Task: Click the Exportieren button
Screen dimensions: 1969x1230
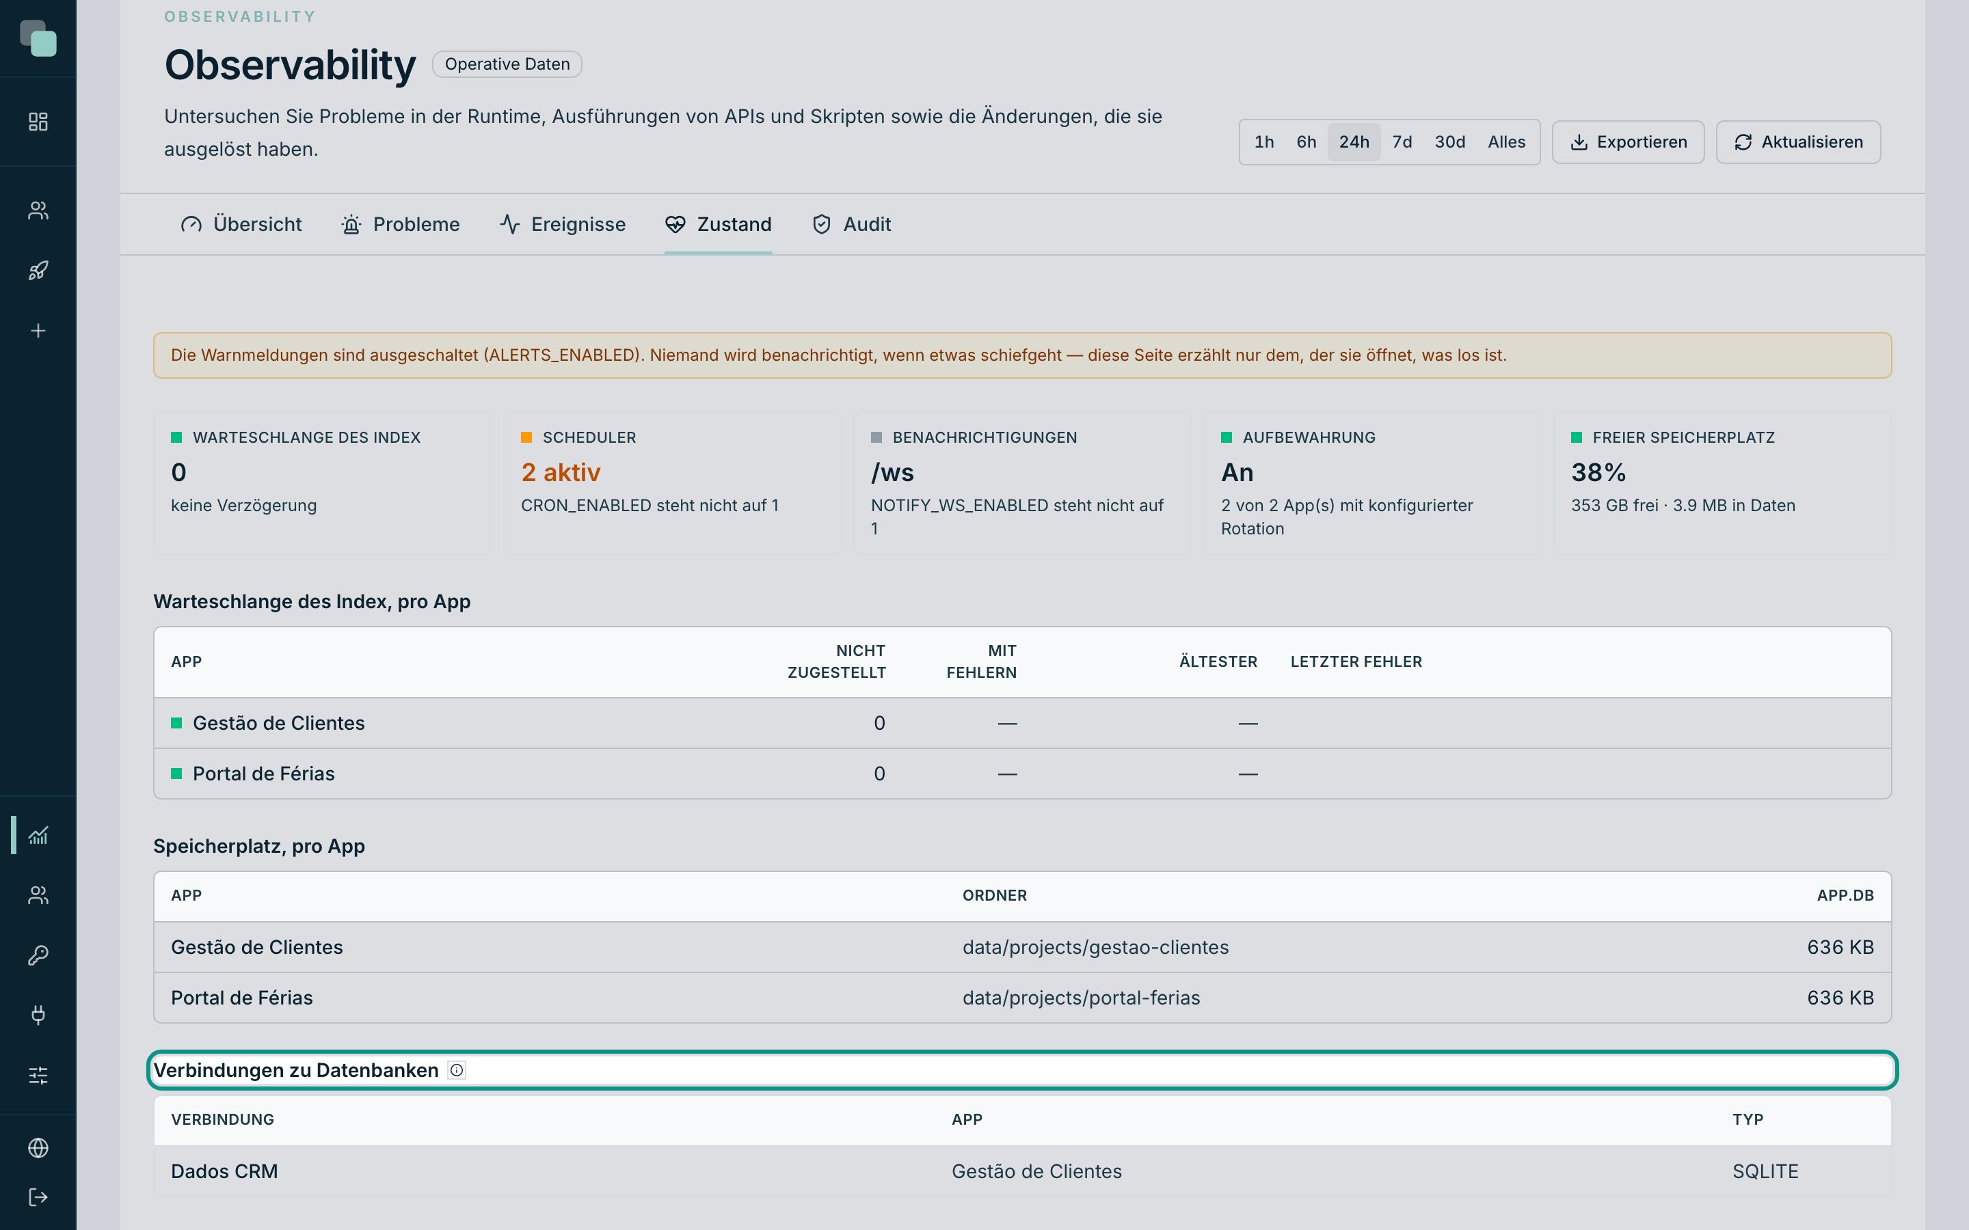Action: click(x=1627, y=142)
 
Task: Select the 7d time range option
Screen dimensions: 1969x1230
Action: click(x=1402, y=142)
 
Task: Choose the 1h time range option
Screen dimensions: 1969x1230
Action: click(x=1263, y=142)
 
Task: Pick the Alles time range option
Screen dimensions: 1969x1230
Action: click(x=1506, y=142)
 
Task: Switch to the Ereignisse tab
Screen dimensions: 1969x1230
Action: click(x=562, y=225)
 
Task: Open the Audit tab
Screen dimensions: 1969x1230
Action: click(x=851, y=225)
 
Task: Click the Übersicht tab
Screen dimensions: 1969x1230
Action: click(x=241, y=225)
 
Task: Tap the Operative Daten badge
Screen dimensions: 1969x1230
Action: click(x=507, y=64)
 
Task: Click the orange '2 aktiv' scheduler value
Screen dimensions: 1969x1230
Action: click(x=561, y=473)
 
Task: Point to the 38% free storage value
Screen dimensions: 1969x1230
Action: click(x=1598, y=473)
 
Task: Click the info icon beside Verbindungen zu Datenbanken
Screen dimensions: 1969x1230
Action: click(x=457, y=1071)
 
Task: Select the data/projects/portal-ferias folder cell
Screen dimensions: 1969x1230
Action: click(x=1080, y=998)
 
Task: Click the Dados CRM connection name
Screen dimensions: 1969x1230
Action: click(x=224, y=1171)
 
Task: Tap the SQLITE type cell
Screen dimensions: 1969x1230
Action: click(x=1765, y=1171)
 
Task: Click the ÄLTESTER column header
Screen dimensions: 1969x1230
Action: click(x=1218, y=661)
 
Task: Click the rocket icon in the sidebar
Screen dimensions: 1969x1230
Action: click(x=38, y=271)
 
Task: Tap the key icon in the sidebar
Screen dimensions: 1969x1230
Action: click(x=38, y=955)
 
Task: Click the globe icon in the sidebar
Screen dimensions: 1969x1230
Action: click(x=38, y=1148)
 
